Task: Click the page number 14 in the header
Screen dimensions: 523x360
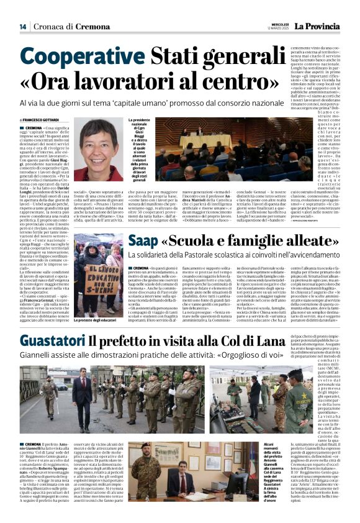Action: tap(22, 27)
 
